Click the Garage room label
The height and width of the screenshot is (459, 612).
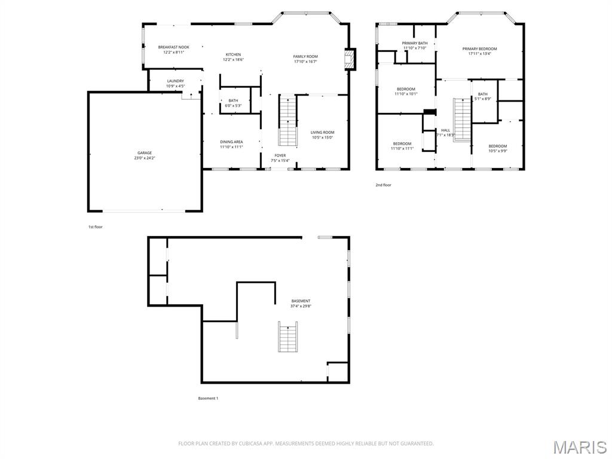pyautogui.click(x=144, y=155)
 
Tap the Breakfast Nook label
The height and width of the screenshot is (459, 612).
pyautogui.click(x=173, y=50)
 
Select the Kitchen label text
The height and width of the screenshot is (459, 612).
pyautogui.click(x=232, y=57)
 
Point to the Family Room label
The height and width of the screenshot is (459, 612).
pyautogui.click(x=305, y=59)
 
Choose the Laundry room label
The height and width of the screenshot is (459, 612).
pyautogui.click(x=175, y=83)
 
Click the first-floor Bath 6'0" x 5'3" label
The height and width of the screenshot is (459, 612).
pyautogui.click(x=232, y=103)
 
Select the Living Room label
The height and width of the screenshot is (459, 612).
pyautogui.click(x=322, y=134)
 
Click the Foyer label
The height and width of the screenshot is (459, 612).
pyautogui.click(x=280, y=158)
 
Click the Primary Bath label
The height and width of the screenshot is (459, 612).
pyautogui.click(x=414, y=45)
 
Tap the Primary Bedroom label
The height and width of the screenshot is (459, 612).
pyautogui.click(x=479, y=51)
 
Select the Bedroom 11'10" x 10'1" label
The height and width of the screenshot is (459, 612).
pyautogui.click(x=406, y=91)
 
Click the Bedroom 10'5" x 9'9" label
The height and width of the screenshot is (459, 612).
pyautogui.click(x=497, y=148)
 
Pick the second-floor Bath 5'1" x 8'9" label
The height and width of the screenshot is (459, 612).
pyautogui.click(x=482, y=96)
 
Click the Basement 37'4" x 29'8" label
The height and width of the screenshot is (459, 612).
pyautogui.click(x=301, y=303)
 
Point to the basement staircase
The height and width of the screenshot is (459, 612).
pyautogui.click(x=288, y=336)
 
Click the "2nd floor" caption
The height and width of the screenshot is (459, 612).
pyautogui.click(x=383, y=185)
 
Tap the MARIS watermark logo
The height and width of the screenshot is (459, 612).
pyautogui.click(x=579, y=447)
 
